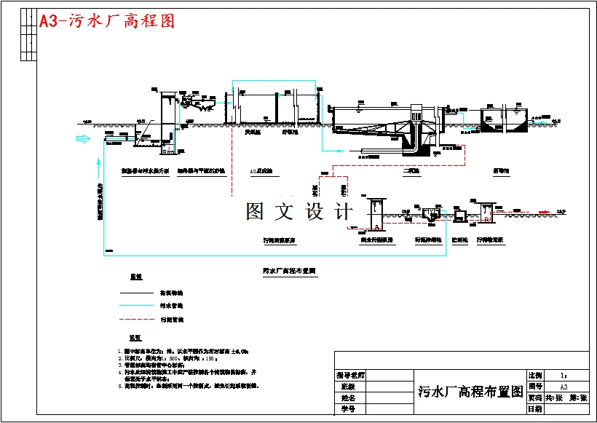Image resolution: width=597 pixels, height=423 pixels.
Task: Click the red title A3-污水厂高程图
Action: [x=107, y=21]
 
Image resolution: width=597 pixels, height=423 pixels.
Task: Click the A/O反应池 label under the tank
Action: [x=261, y=172]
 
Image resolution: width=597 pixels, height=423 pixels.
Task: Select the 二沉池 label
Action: [x=411, y=172]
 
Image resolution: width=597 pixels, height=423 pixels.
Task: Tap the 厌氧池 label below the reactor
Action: [x=253, y=133]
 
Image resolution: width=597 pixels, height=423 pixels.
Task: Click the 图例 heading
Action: [x=135, y=277]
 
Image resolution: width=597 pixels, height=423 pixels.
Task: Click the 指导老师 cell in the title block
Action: [x=350, y=376]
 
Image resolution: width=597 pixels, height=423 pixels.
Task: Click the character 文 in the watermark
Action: [x=282, y=212]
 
